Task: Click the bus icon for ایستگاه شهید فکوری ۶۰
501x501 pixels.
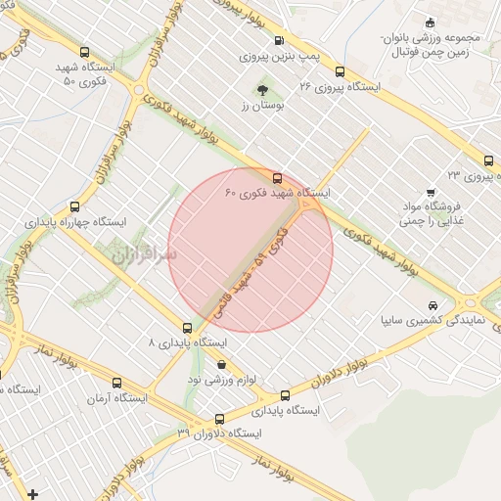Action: pos(278,178)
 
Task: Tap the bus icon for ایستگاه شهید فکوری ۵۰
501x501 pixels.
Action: pos(84,53)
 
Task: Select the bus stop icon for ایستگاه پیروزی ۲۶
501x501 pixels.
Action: pos(340,71)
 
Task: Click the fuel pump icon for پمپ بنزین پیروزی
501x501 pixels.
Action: pos(280,42)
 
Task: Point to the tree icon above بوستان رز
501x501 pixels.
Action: pos(262,90)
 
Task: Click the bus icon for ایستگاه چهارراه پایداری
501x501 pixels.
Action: pos(75,207)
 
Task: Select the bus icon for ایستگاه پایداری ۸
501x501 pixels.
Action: pos(187,329)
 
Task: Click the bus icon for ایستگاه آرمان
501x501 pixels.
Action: pos(117,384)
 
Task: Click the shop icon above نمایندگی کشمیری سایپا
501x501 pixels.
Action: pos(433,304)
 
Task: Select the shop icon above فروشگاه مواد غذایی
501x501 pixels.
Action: pos(429,193)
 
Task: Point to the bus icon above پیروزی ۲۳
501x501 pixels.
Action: pos(487,161)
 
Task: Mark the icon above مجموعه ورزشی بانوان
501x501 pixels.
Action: pos(431,23)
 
